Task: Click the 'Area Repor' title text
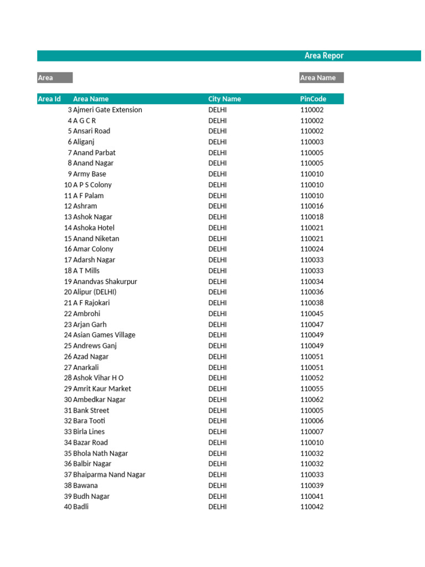(x=324, y=56)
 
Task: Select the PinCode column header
(x=313, y=99)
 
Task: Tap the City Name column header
(x=224, y=99)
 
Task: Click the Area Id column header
(x=49, y=99)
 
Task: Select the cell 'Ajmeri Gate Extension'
(x=107, y=110)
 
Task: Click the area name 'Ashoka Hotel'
(x=94, y=228)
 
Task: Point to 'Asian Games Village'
(x=104, y=335)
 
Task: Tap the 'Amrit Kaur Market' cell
(x=102, y=389)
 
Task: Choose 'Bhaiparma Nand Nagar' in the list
(x=109, y=475)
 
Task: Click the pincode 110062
(x=312, y=400)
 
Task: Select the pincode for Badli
(x=312, y=507)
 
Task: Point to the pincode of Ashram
(x=312, y=206)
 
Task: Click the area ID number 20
(x=68, y=292)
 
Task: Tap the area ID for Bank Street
(x=68, y=410)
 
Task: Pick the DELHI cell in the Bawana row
(x=217, y=486)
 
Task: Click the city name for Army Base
(x=217, y=174)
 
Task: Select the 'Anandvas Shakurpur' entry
(x=105, y=281)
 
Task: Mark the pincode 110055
(x=312, y=389)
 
